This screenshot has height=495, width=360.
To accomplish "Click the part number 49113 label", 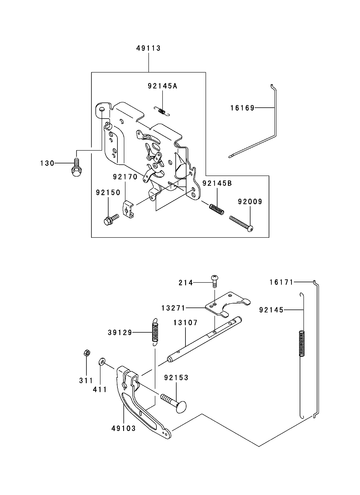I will point(148,48).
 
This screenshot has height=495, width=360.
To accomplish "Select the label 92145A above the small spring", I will point(162,86).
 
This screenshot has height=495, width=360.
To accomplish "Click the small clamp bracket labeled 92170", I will point(129,209).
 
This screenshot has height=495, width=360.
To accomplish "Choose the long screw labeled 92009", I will point(241,224).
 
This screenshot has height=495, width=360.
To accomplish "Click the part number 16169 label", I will point(242,108).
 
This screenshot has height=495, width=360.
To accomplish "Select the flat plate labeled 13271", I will point(227,304).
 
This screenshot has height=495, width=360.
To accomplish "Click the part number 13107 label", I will point(185,323).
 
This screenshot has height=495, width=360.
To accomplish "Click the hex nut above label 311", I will point(86,353).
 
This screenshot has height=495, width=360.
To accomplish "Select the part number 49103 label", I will point(123,428).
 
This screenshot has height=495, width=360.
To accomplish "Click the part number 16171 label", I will point(281,282).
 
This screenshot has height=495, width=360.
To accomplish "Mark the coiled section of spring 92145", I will point(302,343).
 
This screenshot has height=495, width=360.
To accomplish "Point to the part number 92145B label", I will point(217,183).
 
